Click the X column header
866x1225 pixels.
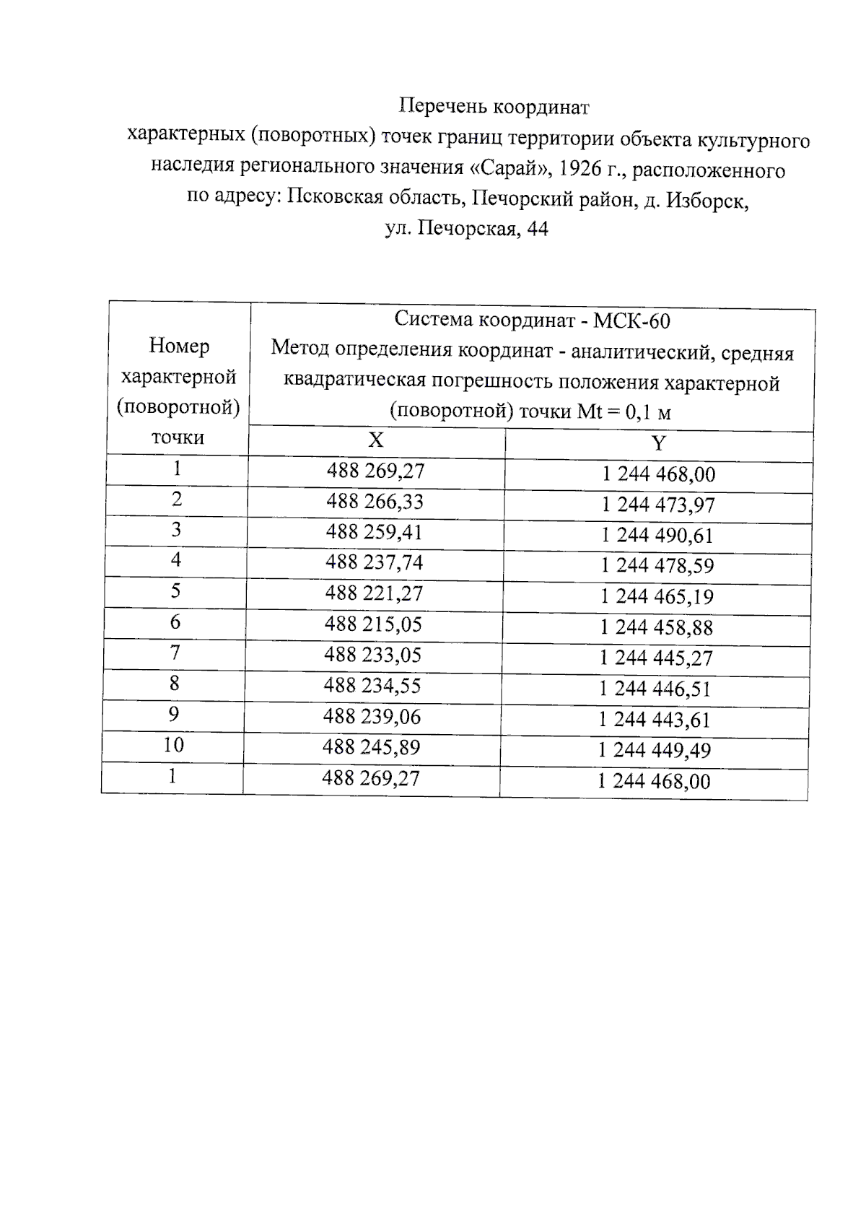pyautogui.click(x=375, y=440)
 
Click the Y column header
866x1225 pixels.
pyautogui.click(x=657, y=443)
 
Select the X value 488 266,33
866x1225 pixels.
pyautogui.click(x=375, y=501)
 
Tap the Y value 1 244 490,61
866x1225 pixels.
pyautogui.click(x=657, y=535)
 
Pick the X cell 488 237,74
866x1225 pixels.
pyautogui.click(x=374, y=562)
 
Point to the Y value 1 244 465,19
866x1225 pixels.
pyautogui.click(x=657, y=596)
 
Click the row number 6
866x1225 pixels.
pyautogui.click(x=175, y=622)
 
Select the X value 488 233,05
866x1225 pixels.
pyautogui.click(x=373, y=655)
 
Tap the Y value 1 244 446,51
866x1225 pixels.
pyautogui.click(x=655, y=689)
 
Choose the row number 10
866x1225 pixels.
pyautogui.click(x=173, y=745)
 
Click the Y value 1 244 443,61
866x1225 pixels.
pyautogui.click(x=655, y=720)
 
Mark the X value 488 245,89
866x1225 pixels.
pyautogui.click(x=372, y=747)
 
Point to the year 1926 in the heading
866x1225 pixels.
pyautogui.click(x=581, y=169)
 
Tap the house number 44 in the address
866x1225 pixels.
pyautogui.click(x=538, y=230)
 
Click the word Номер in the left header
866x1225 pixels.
pyautogui.click(x=179, y=346)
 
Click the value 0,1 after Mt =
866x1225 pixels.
pyautogui.click(x=637, y=413)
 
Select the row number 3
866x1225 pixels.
pyautogui.click(x=176, y=530)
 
